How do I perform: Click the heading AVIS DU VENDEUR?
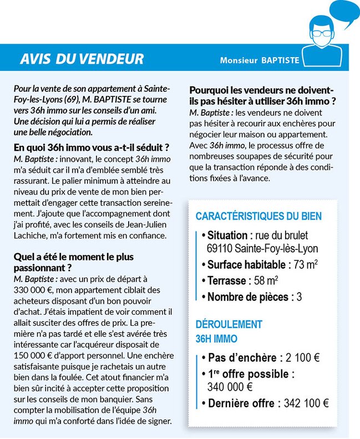coord(82,59)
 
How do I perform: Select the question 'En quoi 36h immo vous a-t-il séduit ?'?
coord(91,147)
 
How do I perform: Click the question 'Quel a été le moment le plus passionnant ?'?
coord(74,262)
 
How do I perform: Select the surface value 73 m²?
coord(306,264)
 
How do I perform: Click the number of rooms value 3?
coord(299,297)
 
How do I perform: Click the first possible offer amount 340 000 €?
coord(230,387)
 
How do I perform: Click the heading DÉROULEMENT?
coord(229,324)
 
